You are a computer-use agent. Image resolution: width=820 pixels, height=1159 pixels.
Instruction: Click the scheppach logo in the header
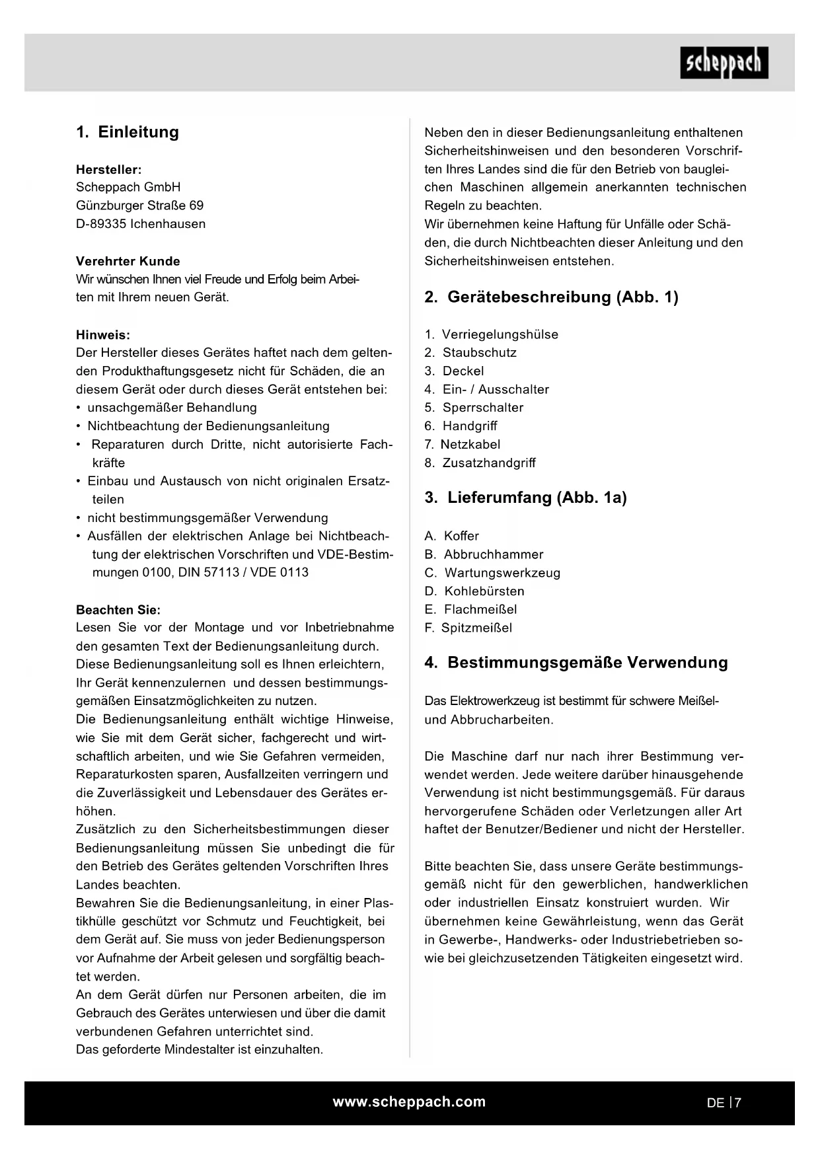[x=724, y=63]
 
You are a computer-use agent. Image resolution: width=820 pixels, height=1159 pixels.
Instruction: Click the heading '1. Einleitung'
[x=128, y=132]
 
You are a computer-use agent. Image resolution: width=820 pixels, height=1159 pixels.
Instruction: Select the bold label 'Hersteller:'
[x=108, y=170]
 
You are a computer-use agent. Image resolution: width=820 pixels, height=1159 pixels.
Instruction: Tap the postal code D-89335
[x=101, y=224]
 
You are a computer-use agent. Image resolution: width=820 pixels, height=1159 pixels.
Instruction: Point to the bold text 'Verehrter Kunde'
[x=128, y=261]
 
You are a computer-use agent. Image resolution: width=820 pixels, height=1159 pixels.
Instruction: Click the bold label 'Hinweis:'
[x=103, y=335]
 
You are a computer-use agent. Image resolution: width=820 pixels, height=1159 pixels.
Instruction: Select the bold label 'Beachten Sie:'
[x=118, y=610]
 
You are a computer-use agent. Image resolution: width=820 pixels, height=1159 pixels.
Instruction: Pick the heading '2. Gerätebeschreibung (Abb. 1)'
[x=551, y=297]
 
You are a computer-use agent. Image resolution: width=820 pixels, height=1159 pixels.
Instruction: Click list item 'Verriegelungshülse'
[x=500, y=334]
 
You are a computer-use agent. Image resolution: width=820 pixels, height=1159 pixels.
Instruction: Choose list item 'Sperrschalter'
[x=482, y=408]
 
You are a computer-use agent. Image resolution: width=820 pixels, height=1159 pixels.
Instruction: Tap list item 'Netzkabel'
[x=470, y=445]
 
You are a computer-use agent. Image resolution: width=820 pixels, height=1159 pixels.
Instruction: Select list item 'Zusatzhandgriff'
[x=489, y=463]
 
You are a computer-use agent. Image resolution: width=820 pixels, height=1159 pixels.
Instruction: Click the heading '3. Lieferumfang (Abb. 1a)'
[x=525, y=498]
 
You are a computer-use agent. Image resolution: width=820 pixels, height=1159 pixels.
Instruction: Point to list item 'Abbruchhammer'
[x=493, y=554]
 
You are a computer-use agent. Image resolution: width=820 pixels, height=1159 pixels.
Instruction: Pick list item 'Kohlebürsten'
[x=484, y=591]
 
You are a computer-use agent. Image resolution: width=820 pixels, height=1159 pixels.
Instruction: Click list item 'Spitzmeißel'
[x=476, y=628]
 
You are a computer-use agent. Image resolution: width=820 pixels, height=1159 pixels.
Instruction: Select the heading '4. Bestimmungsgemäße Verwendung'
[x=576, y=663]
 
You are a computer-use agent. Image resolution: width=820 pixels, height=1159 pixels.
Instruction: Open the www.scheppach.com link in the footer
[x=409, y=1102]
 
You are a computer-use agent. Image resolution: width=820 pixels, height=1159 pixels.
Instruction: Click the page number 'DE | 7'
[x=724, y=1102]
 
